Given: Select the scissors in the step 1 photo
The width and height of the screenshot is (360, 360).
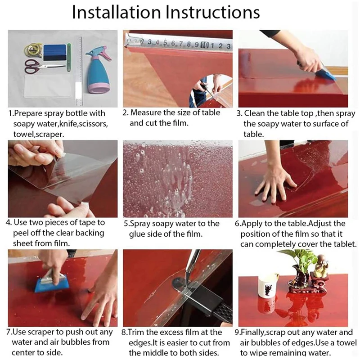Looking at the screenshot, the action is click(44, 66).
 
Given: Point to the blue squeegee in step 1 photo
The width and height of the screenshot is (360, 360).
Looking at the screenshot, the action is click(54, 52).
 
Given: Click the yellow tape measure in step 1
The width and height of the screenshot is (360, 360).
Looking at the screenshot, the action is click(33, 50).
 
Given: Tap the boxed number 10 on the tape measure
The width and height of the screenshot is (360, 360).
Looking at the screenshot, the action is click(205, 45).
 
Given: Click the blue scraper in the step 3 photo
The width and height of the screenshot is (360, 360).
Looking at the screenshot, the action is click(327, 75).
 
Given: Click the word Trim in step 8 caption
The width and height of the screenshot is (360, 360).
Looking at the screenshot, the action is click(135, 332).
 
